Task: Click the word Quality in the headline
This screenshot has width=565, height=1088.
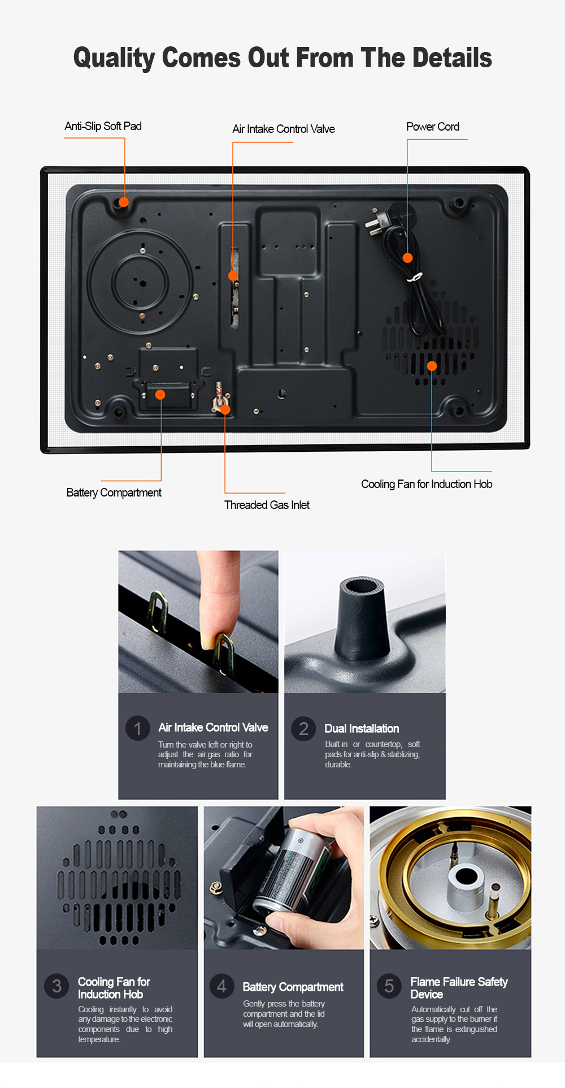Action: click(x=114, y=58)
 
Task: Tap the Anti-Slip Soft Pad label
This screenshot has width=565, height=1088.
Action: click(x=103, y=126)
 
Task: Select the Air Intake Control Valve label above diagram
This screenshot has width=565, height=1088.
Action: click(x=283, y=129)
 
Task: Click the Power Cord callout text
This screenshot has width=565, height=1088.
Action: click(x=433, y=127)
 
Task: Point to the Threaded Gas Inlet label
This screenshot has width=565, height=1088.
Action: click(x=267, y=505)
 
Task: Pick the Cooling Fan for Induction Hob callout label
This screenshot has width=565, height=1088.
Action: click(x=427, y=484)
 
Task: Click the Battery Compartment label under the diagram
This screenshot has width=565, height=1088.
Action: click(x=114, y=493)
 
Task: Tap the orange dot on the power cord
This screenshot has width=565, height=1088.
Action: click(x=407, y=258)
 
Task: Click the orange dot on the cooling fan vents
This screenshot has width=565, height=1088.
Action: click(x=432, y=366)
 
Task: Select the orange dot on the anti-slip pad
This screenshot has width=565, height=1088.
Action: click(x=124, y=202)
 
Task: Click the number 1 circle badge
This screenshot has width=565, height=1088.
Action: click(x=137, y=728)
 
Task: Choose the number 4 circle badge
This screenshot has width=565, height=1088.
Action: click(x=221, y=986)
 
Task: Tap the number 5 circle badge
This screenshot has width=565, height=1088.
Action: click(x=389, y=986)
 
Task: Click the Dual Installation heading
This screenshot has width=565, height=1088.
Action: click(x=362, y=728)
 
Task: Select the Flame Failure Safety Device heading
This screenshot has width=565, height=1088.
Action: click(x=458, y=987)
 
